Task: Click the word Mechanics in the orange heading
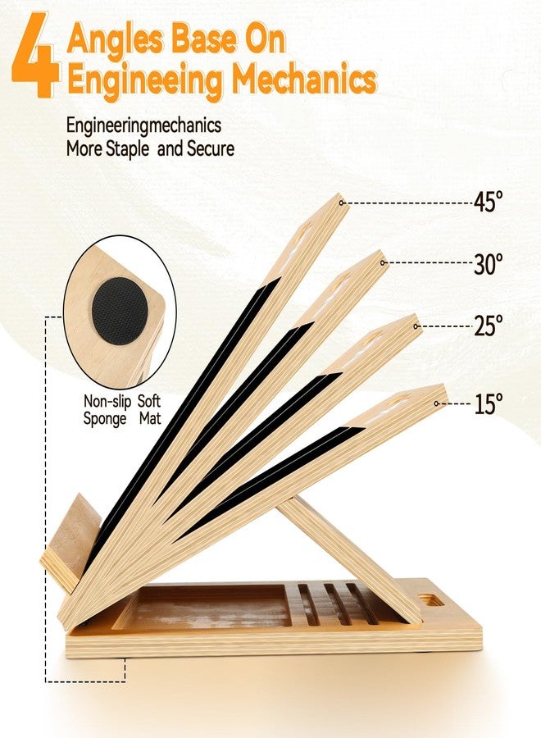pos(304,80)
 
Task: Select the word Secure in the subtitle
pos(211,148)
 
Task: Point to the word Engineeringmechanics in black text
pos(143,126)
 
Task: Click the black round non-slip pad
pos(120,307)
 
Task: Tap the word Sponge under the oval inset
pos(105,419)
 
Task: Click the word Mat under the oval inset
pos(150,418)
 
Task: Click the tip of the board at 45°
pos(343,201)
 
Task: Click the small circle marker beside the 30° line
pos(384,262)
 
